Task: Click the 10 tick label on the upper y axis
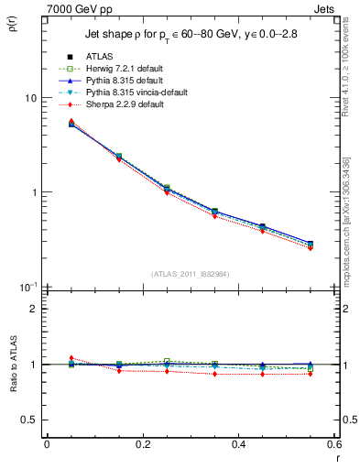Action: [29, 98]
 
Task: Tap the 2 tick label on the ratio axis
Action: [33, 309]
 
